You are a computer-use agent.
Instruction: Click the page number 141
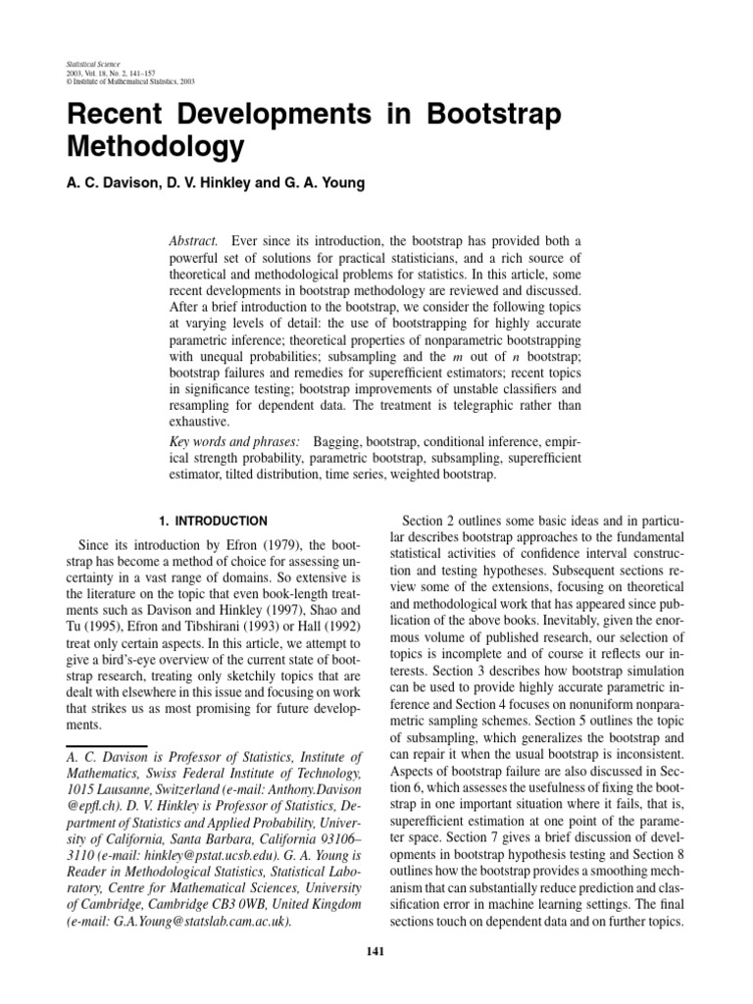(376, 948)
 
